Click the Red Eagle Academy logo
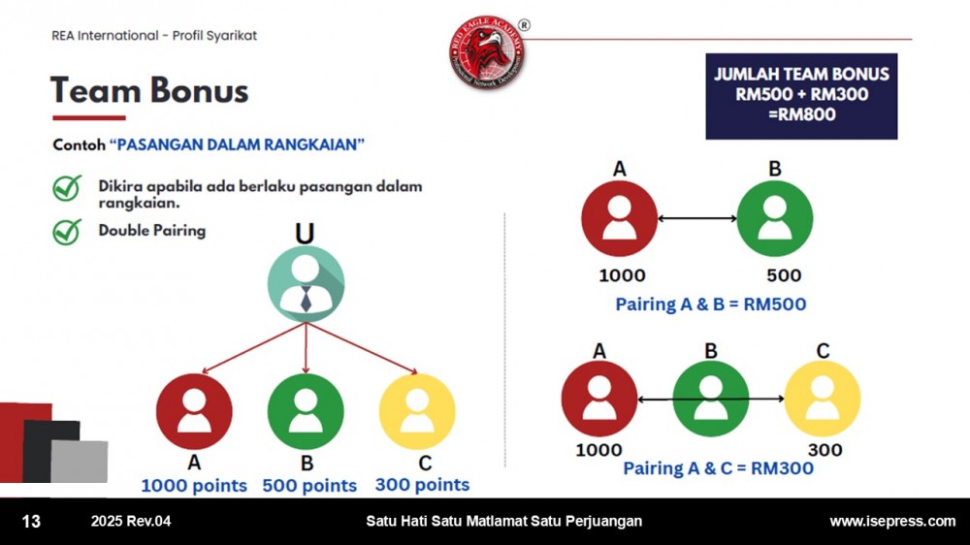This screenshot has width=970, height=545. click(x=488, y=52)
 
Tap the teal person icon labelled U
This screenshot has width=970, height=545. click(x=306, y=284)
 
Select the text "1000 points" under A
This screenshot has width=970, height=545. click(x=194, y=486)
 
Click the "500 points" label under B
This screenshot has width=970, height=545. click(x=309, y=486)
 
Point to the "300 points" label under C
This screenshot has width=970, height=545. click(x=422, y=484)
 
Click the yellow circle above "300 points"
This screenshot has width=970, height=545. click(x=417, y=411)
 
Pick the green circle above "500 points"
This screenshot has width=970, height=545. click(x=306, y=411)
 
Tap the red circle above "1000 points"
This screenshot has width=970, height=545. click(x=194, y=411)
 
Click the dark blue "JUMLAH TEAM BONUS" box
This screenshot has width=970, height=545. click(x=801, y=96)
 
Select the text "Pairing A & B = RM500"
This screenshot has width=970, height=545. click(x=711, y=305)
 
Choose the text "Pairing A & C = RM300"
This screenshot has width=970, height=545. click(x=718, y=468)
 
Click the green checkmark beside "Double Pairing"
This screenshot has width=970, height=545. click(x=67, y=232)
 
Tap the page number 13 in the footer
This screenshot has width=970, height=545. click(x=31, y=522)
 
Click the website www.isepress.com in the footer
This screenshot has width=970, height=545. click(x=892, y=522)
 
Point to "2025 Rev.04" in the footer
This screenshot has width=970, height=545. click(x=131, y=522)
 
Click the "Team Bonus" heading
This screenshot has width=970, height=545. click(x=149, y=90)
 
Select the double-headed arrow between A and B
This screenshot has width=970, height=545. click(x=697, y=218)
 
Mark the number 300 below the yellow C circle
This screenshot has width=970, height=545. click(x=825, y=450)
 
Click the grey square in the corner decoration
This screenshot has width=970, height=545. click(x=80, y=461)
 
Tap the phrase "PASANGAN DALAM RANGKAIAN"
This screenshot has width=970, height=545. click(x=237, y=144)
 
